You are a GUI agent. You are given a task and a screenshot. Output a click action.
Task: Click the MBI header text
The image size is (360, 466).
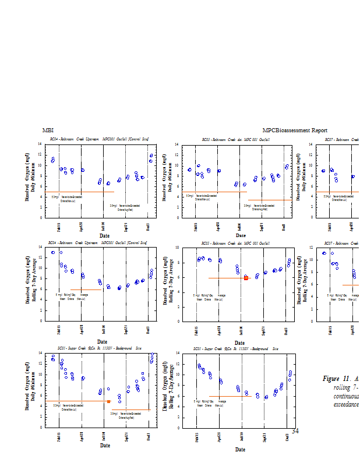tap(48, 130)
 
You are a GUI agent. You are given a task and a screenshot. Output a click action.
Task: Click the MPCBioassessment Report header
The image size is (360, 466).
tap(295, 130)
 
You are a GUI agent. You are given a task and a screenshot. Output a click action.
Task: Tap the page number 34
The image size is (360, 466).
tap(295, 431)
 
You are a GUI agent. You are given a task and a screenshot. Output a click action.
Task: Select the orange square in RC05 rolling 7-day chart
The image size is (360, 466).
tap(246, 278)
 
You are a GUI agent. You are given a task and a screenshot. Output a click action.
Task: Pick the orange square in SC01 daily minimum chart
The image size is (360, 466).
tap(108, 401)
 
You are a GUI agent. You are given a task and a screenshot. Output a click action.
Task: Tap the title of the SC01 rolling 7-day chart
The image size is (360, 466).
tap(236, 348)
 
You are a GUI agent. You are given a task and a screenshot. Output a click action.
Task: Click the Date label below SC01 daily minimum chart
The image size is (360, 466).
tap(105, 446)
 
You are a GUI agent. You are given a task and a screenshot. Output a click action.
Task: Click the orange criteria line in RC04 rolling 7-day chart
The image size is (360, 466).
tap(86, 290)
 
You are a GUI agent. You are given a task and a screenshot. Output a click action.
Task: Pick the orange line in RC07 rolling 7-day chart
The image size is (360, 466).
tap(351, 285)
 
